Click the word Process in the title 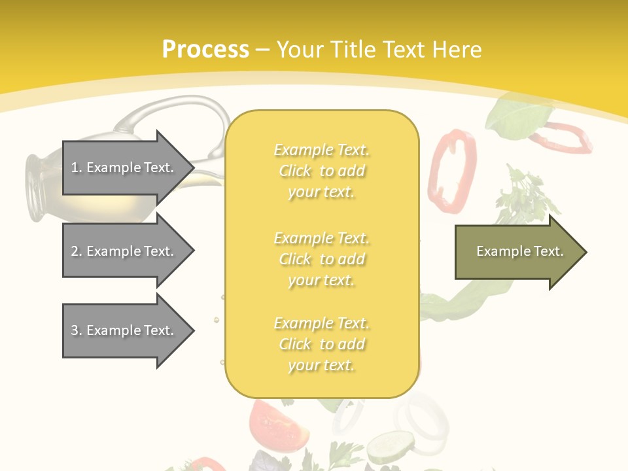click(x=205, y=50)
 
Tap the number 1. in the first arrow click(x=77, y=167)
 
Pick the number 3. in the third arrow click(x=77, y=330)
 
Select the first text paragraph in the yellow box click(x=322, y=171)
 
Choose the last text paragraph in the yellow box click(x=322, y=344)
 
